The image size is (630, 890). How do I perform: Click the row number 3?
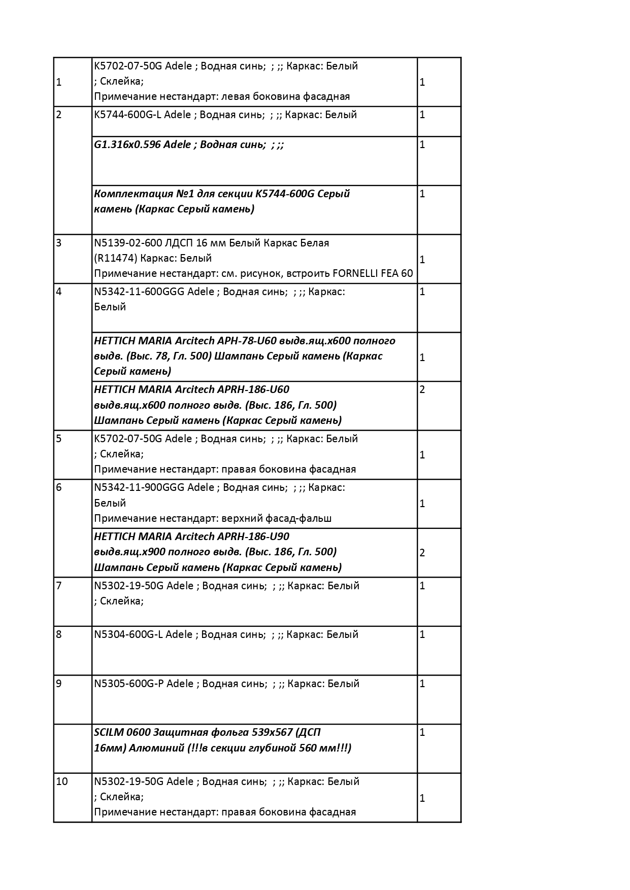59,243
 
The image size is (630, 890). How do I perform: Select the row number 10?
62,781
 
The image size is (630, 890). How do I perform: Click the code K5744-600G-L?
128,115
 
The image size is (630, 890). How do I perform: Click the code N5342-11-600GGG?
140,292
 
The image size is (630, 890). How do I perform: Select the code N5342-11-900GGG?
140,487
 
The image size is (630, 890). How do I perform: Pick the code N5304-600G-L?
128,634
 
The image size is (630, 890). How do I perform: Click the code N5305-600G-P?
129,684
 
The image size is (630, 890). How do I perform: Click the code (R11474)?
115,258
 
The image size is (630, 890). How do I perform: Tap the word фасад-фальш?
302,518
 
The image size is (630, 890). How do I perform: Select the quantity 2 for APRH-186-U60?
422,390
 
